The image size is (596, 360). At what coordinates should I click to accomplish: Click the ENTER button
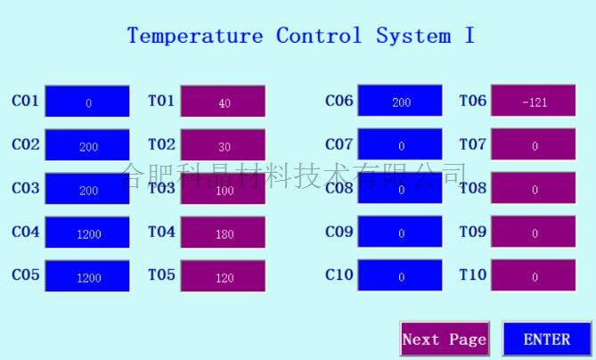click(547, 339)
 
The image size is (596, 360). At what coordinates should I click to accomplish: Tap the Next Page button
click(445, 339)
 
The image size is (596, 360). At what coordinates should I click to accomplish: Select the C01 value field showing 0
click(87, 101)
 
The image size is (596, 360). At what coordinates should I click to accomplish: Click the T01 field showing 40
click(223, 101)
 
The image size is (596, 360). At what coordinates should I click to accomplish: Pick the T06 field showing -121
click(534, 101)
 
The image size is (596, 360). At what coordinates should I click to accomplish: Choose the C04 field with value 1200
click(87, 232)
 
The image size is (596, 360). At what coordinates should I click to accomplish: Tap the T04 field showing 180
click(223, 232)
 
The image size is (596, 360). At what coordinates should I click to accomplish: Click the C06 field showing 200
click(400, 101)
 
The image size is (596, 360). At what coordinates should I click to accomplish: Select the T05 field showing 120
click(223, 275)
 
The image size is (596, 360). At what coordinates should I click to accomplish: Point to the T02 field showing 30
click(223, 145)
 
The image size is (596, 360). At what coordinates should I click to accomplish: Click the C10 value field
click(400, 274)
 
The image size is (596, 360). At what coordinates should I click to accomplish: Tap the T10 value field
click(534, 274)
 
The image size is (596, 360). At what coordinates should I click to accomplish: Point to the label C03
click(26, 188)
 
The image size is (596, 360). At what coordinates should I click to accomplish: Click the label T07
click(473, 144)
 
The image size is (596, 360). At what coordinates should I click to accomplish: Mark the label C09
click(339, 231)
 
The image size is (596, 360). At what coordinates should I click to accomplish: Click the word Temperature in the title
click(195, 36)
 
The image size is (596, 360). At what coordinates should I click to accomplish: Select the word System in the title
click(414, 36)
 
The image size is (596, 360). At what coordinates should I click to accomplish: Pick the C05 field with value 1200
click(87, 275)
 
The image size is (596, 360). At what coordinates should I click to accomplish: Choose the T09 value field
click(534, 231)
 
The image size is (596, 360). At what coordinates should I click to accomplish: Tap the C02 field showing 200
click(87, 145)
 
